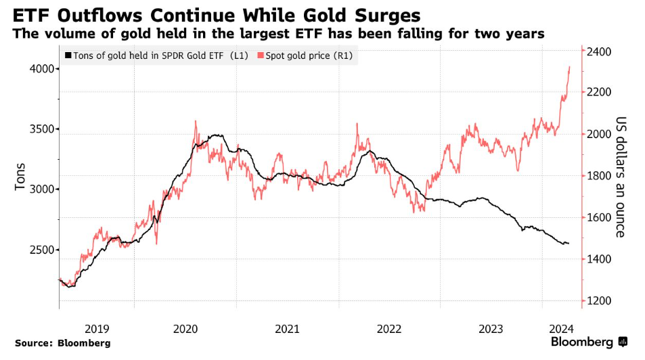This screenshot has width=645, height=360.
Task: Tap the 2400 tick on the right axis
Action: [600, 52]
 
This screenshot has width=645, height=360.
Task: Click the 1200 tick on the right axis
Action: [600, 301]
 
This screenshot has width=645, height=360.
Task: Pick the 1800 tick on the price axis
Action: [600, 176]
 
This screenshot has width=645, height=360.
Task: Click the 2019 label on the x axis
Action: [97, 328]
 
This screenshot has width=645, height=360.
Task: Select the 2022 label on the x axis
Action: [389, 328]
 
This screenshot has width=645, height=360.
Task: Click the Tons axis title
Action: [20, 176]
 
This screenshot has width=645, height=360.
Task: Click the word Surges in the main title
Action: [382, 15]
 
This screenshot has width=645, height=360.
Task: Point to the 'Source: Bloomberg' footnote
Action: [62, 343]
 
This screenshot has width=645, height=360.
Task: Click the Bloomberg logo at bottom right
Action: [589, 342]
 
